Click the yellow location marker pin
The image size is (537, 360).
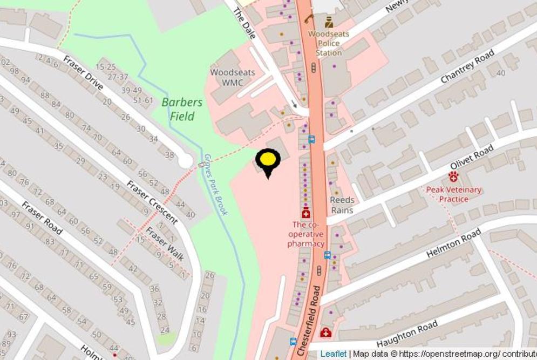(x=268, y=161)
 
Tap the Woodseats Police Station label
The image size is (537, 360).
(x=329, y=43)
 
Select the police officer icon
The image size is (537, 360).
(x=329, y=22)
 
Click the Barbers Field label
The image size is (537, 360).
(x=182, y=109)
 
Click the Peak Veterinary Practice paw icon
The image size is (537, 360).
(x=453, y=176)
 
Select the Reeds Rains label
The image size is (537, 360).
(x=342, y=205)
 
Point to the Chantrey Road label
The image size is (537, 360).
(x=467, y=66)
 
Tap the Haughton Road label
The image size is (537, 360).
(x=407, y=334)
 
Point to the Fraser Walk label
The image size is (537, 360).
(x=165, y=244)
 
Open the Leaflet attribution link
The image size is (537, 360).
(x=333, y=354)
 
